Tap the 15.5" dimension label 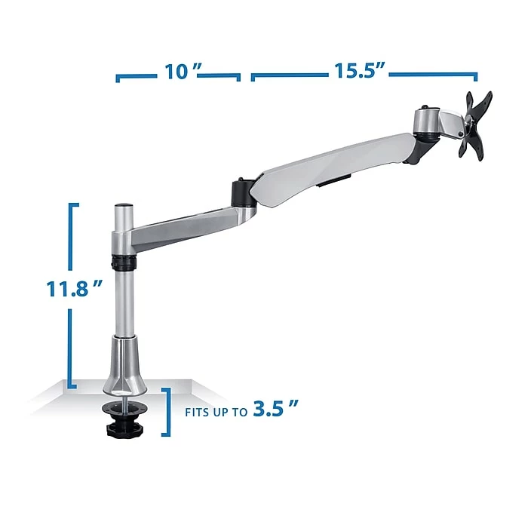(x=359, y=71)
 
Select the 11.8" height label (x=74, y=289)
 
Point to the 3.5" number (x=275, y=408)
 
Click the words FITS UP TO (x=216, y=413)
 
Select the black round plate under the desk (x=124, y=409)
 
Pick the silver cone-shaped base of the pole (x=125, y=366)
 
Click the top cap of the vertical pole (x=123, y=205)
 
